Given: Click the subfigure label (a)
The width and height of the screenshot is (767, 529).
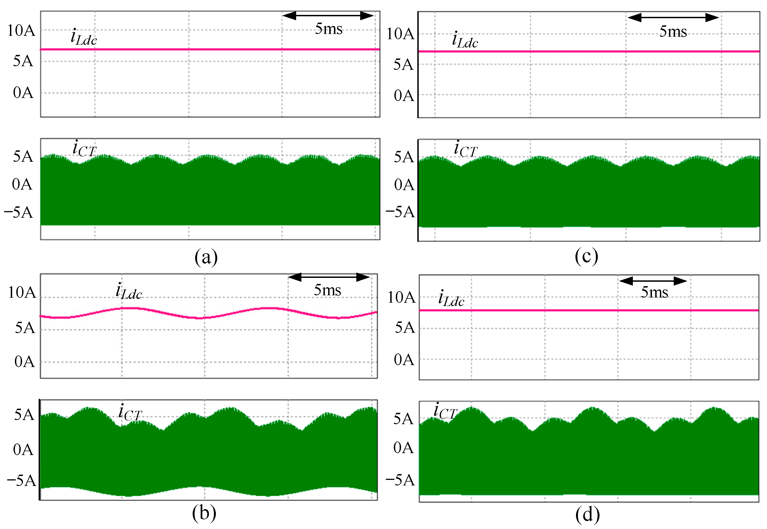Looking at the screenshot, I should [206, 257].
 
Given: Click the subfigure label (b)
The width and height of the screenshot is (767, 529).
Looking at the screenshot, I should [204, 513].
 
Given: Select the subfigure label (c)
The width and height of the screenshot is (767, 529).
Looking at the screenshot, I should [586, 256].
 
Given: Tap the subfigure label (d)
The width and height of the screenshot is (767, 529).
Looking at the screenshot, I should [587, 515].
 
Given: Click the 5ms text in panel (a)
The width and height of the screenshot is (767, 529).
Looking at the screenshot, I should [328, 29].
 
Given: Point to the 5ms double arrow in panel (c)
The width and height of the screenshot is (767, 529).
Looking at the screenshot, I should [673, 18].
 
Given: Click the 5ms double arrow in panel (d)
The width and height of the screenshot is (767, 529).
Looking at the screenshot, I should [653, 281].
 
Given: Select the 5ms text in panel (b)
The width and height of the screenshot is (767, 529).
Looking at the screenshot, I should [327, 290].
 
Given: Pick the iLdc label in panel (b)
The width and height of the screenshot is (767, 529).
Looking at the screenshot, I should [129, 292].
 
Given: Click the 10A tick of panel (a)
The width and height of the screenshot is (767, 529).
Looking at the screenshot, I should [21, 31].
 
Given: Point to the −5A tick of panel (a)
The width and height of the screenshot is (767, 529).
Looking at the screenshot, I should [18, 212].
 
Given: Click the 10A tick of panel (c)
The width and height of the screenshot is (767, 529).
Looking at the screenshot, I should [400, 34].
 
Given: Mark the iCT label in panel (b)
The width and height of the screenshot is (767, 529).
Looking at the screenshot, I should [130, 412].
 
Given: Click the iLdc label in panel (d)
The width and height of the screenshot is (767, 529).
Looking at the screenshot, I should [451, 298].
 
